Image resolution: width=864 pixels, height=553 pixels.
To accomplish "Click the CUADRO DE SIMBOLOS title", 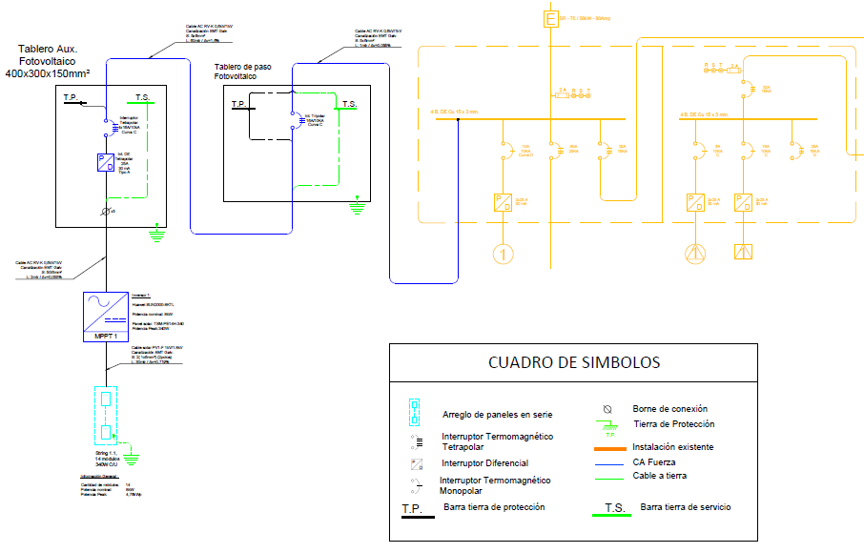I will (573, 362).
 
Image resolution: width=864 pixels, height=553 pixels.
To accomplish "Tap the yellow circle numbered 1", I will (503, 254).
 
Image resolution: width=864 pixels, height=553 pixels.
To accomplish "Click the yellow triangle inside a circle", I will (694, 253).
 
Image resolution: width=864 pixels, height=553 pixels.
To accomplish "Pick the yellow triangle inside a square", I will (743, 253).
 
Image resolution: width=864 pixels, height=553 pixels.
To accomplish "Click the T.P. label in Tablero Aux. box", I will (72, 98).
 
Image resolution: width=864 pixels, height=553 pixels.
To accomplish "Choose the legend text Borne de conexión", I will (670, 409).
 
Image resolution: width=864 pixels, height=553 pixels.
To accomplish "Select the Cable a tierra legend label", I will (660, 476).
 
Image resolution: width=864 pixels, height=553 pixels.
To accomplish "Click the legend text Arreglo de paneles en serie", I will (497, 415).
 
